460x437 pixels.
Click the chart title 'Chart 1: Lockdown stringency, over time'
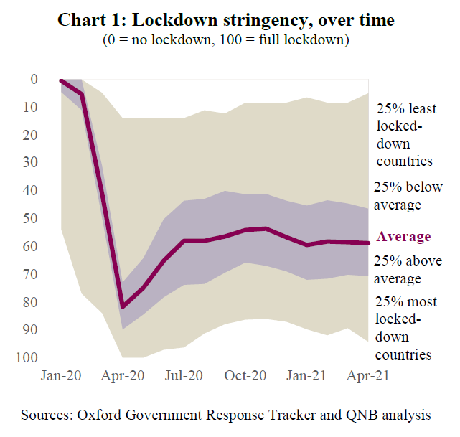(226, 20)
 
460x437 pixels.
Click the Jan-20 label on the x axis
(62, 375)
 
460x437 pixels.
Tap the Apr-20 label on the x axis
(123, 375)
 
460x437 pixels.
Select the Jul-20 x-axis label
(184, 375)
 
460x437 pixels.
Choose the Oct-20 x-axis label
(246, 375)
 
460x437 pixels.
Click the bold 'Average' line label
(404, 237)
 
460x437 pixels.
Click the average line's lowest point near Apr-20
(123, 306)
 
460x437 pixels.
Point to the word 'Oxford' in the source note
(101, 415)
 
